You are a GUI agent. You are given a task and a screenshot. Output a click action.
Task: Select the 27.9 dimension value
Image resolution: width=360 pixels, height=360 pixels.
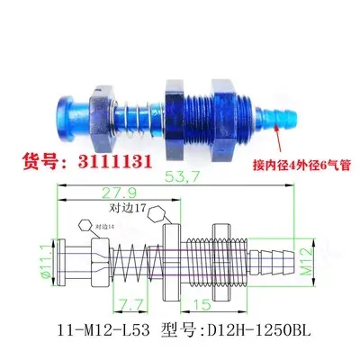[x=112, y=193]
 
